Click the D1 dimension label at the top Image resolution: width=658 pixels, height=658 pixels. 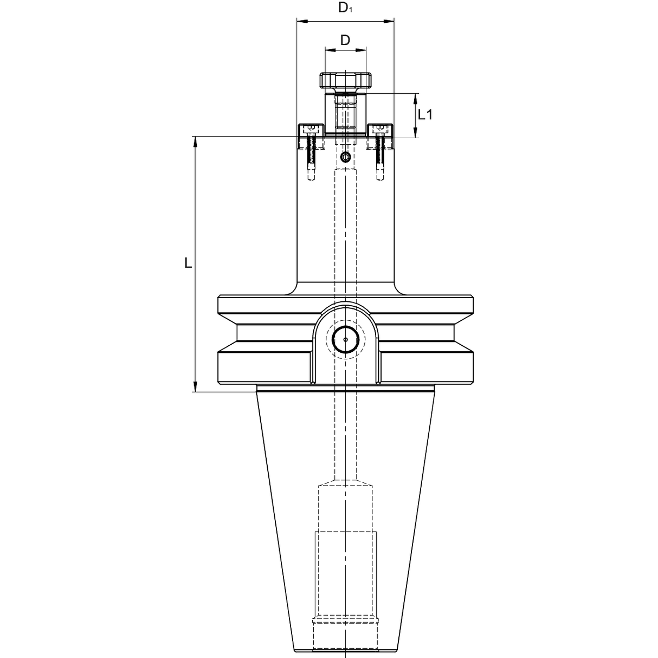[345, 8]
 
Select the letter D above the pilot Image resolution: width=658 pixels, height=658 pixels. [345, 40]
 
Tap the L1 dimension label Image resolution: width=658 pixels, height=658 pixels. [425, 114]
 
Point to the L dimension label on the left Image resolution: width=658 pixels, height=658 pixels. [188, 263]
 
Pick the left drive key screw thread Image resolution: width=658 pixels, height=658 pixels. [312, 154]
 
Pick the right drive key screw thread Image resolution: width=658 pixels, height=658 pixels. [380, 154]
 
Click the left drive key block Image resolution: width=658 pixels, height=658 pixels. [311, 130]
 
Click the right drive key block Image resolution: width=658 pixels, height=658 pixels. [380, 130]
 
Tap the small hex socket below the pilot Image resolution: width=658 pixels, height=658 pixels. [345, 158]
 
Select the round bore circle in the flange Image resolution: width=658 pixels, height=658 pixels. [345, 340]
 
